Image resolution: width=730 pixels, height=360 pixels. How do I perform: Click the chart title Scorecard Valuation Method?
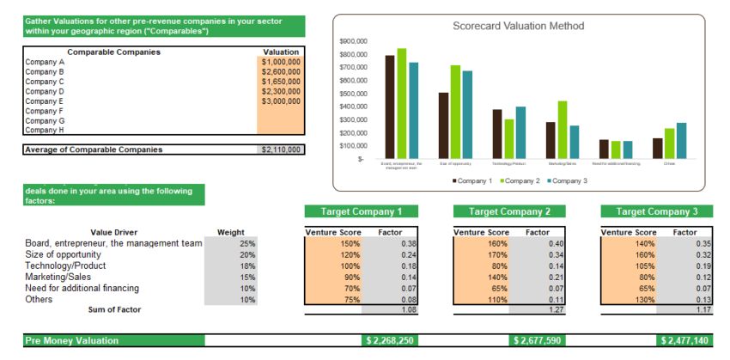pyautogui.click(x=518, y=26)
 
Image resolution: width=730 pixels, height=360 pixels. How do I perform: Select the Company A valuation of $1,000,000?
pyautogui.click(x=281, y=62)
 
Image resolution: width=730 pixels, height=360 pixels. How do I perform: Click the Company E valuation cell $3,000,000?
pyautogui.click(x=281, y=101)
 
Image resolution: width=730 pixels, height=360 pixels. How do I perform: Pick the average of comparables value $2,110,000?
pyautogui.click(x=281, y=149)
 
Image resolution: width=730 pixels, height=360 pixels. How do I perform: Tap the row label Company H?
pyautogui.click(x=45, y=130)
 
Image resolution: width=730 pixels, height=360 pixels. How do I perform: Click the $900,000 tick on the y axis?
pyautogui.click(x=354, y=40)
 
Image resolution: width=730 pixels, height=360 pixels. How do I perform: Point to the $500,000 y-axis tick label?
pyautogui.click(x=354, y=93)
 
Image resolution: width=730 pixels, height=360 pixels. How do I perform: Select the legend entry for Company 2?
pyautogui.click(x=518, y=180)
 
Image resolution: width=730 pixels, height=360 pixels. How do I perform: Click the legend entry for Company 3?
pyautogui.click(x=566, y=180)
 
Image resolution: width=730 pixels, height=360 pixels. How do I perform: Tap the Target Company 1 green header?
pyautogui.click(x=361, y=211)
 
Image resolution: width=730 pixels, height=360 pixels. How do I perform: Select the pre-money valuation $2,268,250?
pyautogui.click(x=389, y=341)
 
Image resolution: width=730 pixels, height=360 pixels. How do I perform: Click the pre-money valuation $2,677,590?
pyautogui.click(x=536, y=341)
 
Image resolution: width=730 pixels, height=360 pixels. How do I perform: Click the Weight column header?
pyautogui.click(x=230, y=232)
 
